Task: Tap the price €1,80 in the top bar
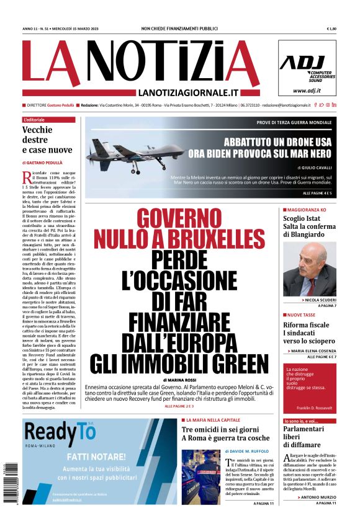click(331, 29)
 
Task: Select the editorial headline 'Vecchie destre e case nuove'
click(47, 140)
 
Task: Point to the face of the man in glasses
click(317, 260)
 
